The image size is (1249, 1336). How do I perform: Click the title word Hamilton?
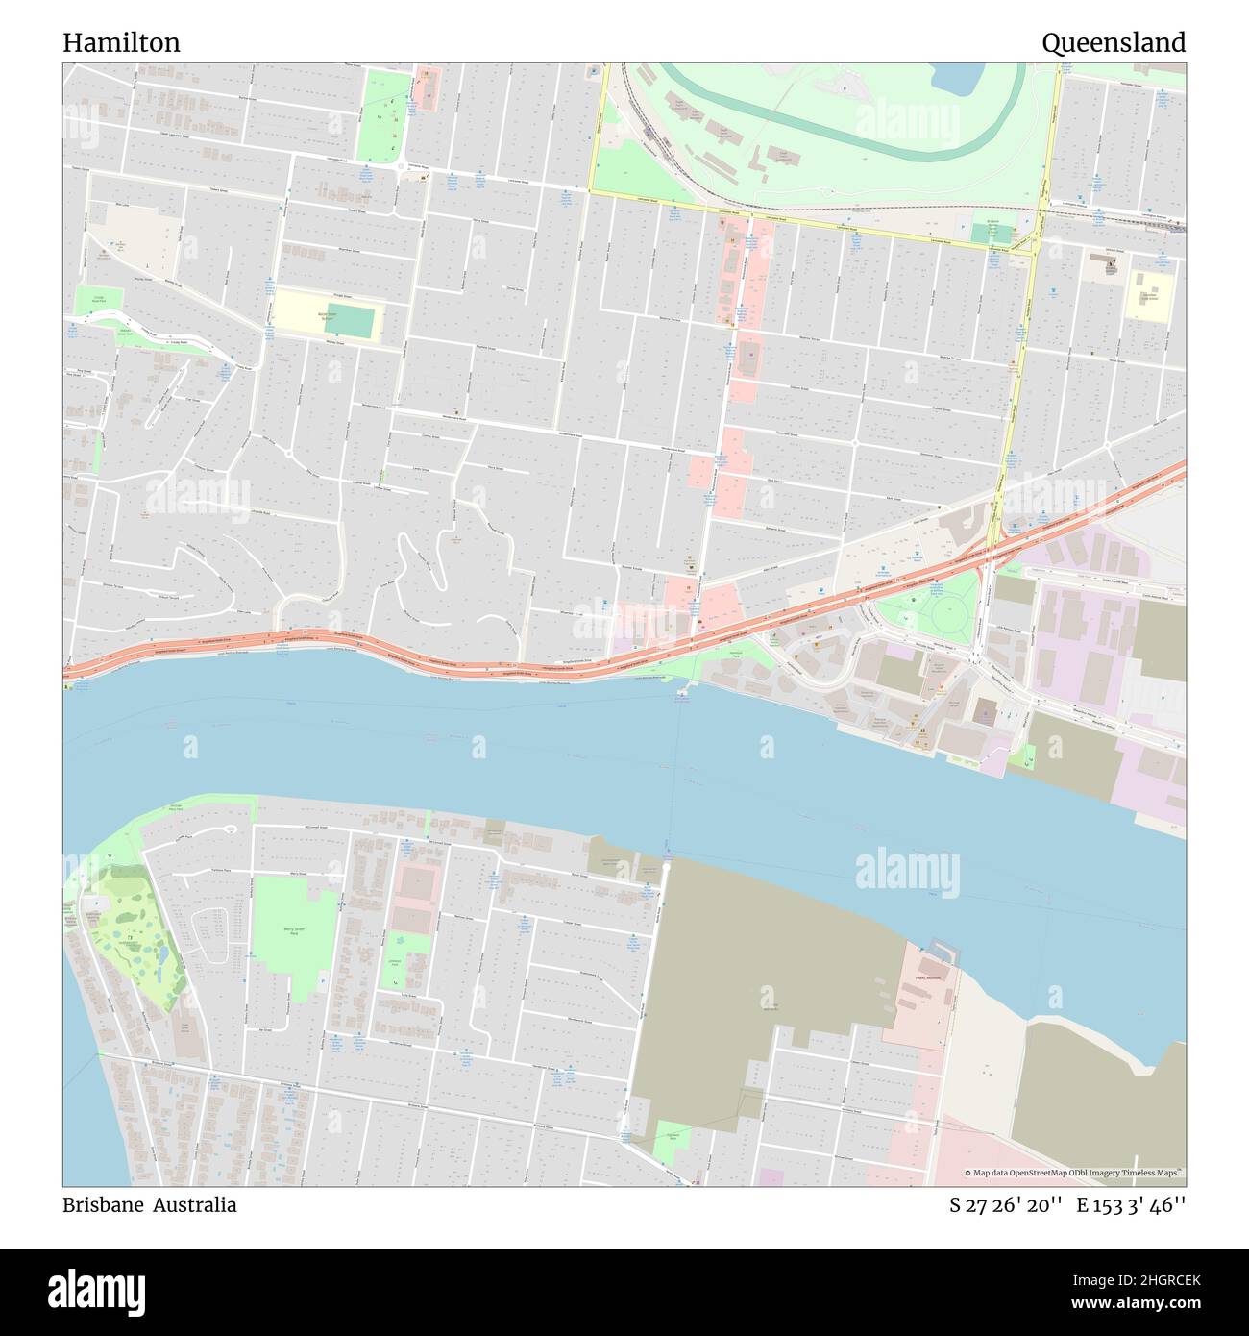click(121, 43)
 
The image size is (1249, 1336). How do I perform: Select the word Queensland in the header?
click(1113, 43)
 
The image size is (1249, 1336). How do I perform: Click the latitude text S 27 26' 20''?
click(1004, 1204)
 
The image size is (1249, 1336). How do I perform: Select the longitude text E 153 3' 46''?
click(1131, 1204)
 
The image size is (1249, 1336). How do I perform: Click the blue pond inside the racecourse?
click(956, 78)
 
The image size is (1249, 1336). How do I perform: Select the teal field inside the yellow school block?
click(356, 321)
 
